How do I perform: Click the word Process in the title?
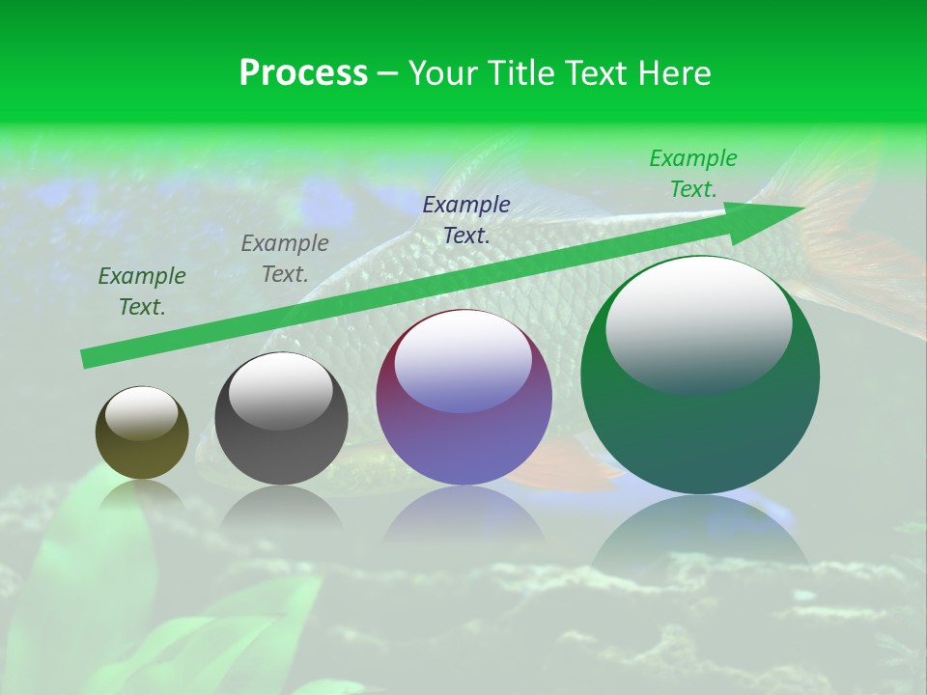[x=303, y=72]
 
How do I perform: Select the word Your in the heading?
[x=446, y=72]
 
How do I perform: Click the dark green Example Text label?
[x=142, y=291]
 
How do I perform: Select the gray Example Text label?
[x=285, y=258]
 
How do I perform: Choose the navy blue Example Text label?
[x=466, y=219]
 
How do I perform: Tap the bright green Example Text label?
[x=693, y=174]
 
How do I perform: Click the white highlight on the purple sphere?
[x=463, y=360]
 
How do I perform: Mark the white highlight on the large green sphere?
[x=698, y=323]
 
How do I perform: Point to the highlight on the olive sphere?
[x=141, y=413]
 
